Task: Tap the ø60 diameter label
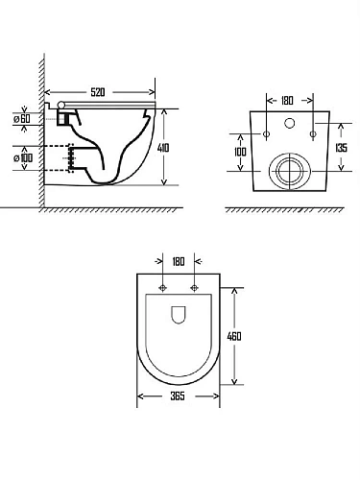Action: tap(24, 118)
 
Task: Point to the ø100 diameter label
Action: tap(24, 156)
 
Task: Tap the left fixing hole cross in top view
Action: tap(164, 287)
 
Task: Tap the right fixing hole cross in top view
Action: tap(195, 287)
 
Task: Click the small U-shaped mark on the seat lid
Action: tap(179, 314)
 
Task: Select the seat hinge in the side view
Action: tap(63, 108)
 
